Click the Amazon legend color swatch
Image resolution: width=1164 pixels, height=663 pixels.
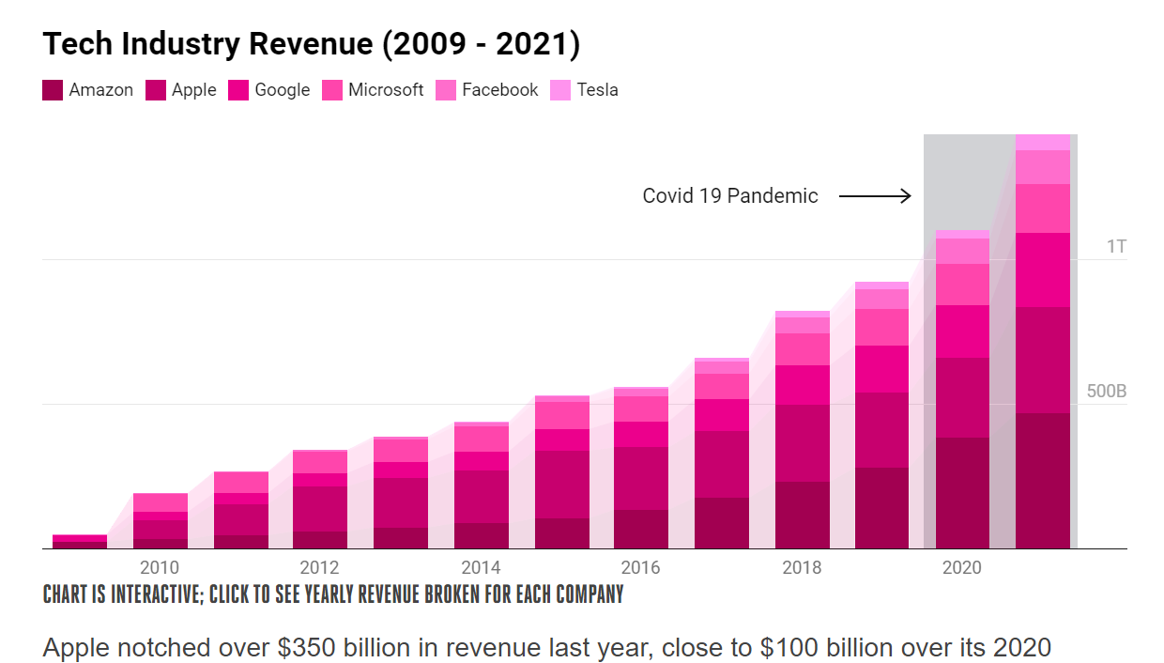(53, 90)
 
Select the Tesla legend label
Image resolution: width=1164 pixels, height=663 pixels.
(598, 90)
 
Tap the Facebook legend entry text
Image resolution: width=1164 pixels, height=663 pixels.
(500, 90)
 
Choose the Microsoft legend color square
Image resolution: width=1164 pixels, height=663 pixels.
(332, 90)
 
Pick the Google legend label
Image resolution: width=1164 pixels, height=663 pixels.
(283, 90)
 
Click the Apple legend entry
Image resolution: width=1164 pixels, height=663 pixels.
(181, 90)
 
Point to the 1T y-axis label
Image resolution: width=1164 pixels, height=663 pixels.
(1116, 246)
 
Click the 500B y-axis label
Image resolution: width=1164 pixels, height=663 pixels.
(1107, 391)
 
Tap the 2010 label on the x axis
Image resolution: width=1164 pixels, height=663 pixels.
(160, 567)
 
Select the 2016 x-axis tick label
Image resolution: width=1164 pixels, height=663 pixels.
(641, 567)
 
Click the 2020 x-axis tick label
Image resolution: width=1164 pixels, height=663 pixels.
(962, 567)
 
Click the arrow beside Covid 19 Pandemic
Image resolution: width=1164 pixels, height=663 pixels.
(875, 196)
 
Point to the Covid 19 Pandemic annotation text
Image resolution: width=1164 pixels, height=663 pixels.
(730, 196)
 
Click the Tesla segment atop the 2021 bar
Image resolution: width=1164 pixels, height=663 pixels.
(1043, 143)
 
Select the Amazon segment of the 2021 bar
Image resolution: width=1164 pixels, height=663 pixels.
(1043, 481)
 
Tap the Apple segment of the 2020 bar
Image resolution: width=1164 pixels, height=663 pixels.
(962, 398)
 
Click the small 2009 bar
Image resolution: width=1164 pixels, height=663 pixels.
(80, 541)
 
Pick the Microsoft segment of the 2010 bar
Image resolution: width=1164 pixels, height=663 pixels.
(161, 502)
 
